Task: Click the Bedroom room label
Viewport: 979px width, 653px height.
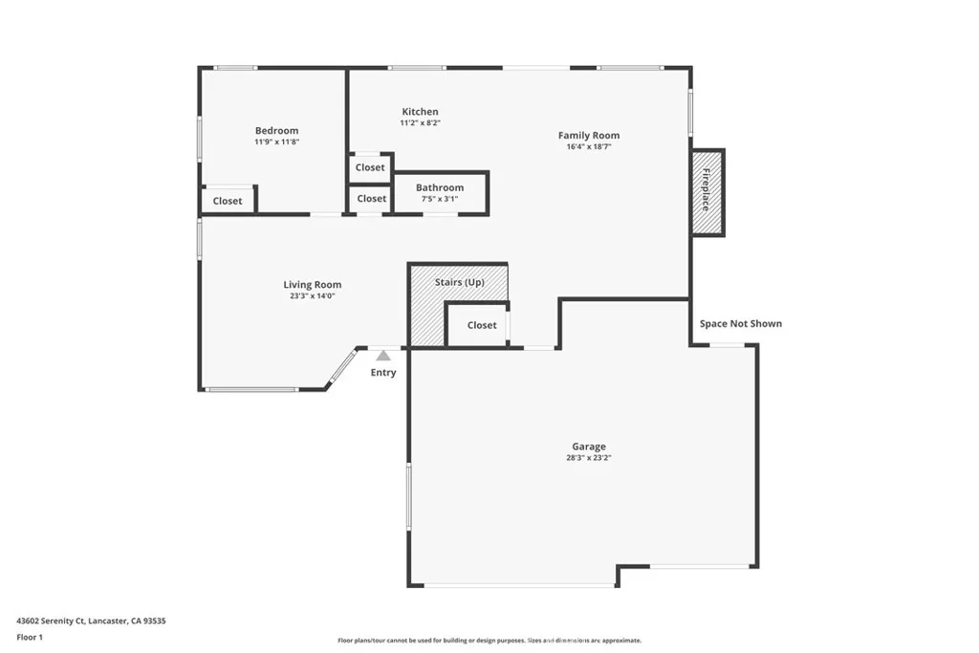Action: (x=276, y=131)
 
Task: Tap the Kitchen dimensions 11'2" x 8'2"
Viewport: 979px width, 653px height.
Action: (x=420, y=123)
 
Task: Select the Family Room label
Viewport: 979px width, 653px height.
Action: (x=589, y=136)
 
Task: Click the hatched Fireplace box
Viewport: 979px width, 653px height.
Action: (x=707, y=192)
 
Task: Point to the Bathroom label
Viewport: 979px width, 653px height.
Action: (x=440, y=187)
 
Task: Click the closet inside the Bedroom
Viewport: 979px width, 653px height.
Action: (x=228, y=201)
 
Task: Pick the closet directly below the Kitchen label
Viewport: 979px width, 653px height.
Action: (x=370, y=167)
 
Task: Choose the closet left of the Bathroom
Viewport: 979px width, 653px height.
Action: (x=371, y=199)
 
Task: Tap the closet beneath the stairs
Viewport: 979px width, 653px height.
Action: (x=482, y=325)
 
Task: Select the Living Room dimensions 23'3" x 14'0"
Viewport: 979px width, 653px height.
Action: (x=313, y=296)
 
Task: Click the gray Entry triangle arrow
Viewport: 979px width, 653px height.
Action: (x=383, y=355)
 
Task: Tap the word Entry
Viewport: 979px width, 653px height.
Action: (x=383, y=373)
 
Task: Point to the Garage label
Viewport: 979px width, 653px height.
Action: (x=589, y=446)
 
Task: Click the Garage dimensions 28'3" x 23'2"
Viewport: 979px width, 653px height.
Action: (x=589, y=458)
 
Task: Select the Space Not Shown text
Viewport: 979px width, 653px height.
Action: (x=741, y=324)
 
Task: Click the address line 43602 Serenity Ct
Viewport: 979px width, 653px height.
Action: (x=91, y=620)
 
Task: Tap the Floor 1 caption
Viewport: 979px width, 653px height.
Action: (x=31, y=637)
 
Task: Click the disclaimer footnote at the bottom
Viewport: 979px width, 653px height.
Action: (x=489, y=641)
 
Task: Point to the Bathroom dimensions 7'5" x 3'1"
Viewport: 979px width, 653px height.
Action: (x=440, y=199)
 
